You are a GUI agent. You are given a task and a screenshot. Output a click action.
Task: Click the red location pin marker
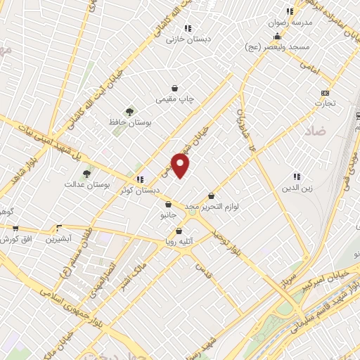181,166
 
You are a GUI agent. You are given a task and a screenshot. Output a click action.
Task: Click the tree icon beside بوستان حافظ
129,111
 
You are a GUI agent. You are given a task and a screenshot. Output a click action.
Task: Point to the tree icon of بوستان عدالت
86,173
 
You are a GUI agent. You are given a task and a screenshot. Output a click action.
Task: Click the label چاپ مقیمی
174,100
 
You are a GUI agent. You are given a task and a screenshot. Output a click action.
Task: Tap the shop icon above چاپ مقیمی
174,89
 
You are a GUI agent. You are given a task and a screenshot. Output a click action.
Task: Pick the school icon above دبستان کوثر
140,179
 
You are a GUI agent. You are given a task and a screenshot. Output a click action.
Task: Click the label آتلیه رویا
179,241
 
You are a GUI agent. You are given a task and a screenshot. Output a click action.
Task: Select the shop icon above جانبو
168,205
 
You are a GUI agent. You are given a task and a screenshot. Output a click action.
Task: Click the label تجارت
325,103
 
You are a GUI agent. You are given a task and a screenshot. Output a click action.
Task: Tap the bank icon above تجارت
325,92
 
